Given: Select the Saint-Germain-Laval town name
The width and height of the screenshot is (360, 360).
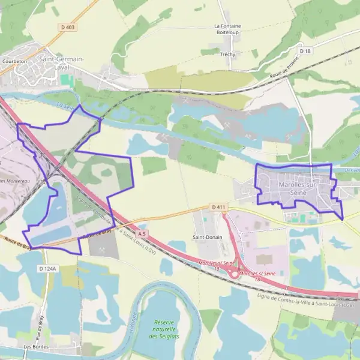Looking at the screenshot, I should click(61, 62).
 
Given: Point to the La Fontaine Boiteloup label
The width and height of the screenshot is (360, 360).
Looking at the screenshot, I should click(227, 29).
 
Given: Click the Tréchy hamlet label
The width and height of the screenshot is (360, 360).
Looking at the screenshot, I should click(227, 55).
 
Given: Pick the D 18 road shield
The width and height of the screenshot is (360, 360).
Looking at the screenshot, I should click(305, 52).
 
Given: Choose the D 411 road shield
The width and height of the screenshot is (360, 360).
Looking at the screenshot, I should click(218, 207).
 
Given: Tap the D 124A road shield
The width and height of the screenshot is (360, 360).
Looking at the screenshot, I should click(47, 268).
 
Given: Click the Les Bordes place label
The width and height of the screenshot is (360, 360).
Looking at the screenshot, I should click(36, 347).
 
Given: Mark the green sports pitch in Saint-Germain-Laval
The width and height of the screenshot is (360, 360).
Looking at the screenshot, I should click(64, 80).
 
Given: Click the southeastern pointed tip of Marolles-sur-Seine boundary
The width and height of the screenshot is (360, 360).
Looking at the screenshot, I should click(343, 220).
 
